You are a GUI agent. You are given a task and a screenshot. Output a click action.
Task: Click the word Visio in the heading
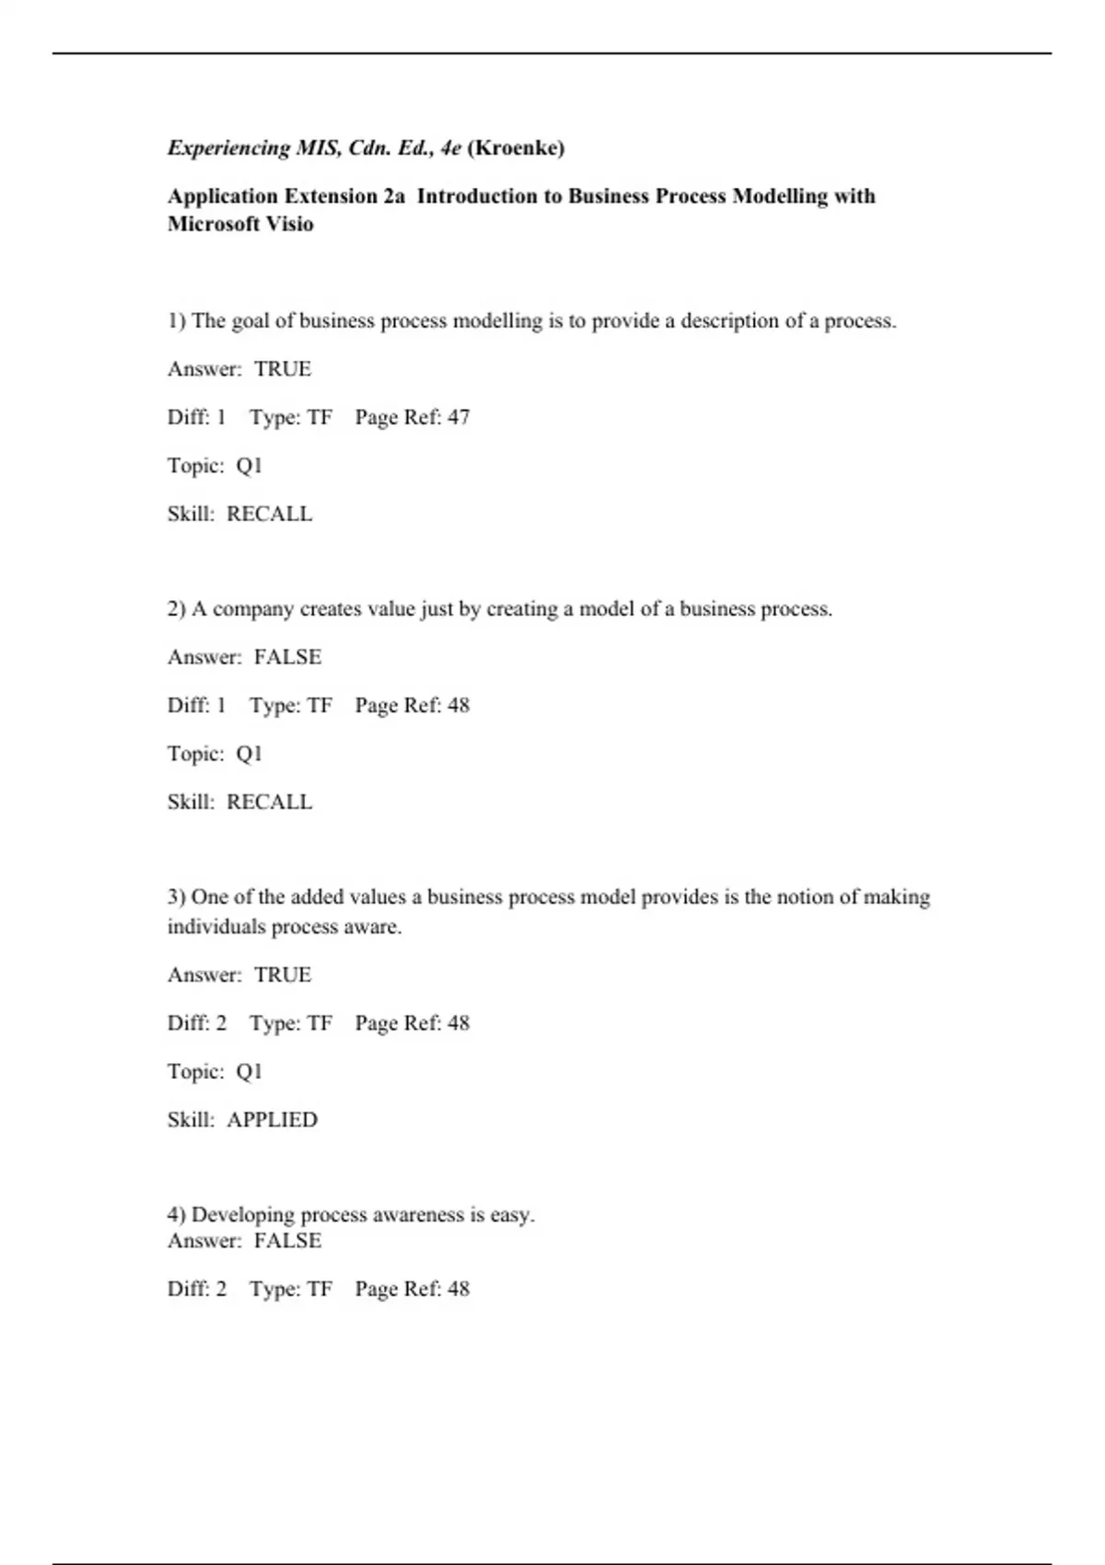point(289,224)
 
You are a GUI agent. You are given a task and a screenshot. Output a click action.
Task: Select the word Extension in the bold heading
point(331,196)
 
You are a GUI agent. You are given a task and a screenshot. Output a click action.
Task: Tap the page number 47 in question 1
point(459,417)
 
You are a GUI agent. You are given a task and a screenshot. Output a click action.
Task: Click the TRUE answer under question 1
point(283,369)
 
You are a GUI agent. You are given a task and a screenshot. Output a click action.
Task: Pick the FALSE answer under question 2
point(287,657)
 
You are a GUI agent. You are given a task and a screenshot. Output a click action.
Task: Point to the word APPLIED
point(272,1120)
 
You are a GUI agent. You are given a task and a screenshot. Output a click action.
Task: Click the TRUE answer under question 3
point(283,975)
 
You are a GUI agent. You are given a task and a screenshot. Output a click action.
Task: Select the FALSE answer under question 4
point(287,1241)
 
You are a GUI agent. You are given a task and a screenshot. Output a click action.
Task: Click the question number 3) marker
point(176,898)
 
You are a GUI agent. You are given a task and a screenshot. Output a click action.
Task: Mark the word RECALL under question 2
point(269,802)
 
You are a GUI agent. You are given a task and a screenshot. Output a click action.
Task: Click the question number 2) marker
point(176,609)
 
